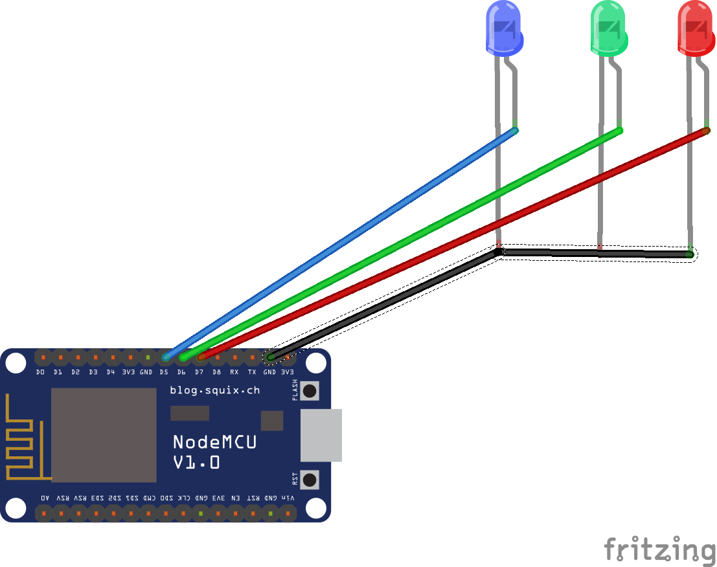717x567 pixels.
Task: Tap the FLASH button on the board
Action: tap(310, 390)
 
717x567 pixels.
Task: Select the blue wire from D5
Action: tap(340, 243)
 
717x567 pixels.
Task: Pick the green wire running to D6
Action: tap(402, 243)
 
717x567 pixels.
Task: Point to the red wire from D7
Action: tap(453, 244)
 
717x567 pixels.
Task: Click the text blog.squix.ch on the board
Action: tap(214, 390)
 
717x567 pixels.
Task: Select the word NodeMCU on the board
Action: tap(214, 442)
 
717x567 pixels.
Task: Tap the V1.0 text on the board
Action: tap(196, 462)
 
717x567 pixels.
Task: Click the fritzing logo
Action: tap(659, 549)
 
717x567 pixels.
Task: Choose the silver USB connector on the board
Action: tap(321, 435)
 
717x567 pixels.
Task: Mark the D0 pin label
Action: tap(40, 372)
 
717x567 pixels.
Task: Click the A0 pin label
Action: tap(44, 498)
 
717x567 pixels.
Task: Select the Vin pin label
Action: tap(288, 498)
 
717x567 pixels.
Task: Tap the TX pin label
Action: tap(252, 372)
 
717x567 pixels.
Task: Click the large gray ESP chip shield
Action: tap(104, 435)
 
